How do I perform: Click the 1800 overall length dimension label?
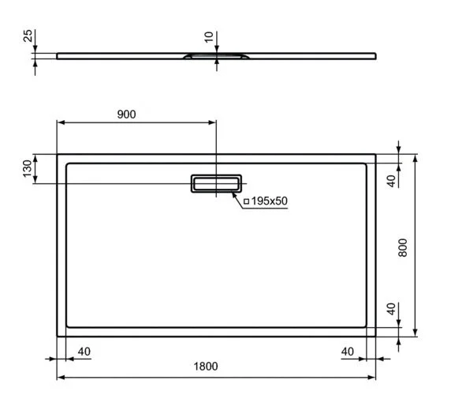click(206, 367)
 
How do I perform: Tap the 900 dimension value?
click(126, 114)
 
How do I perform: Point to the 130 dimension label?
click(28, 168)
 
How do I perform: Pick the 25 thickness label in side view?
click(28, 37)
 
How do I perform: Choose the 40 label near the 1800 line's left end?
click(84, 350)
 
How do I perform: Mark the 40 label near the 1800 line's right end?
click(347, 350)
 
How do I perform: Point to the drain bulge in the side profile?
click(216, 57)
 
